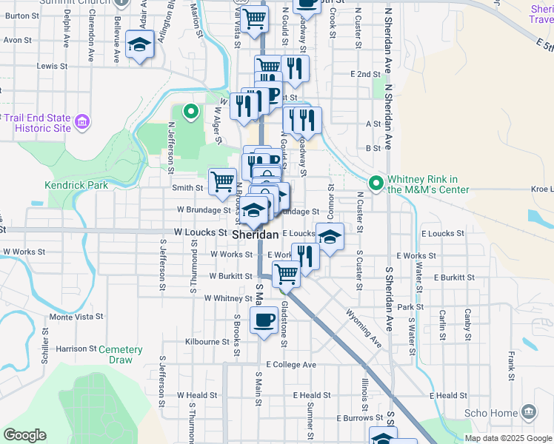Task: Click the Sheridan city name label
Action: pyautogui.click(x=256, y=234)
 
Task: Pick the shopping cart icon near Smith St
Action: pyautogui.click(x=222, y=181)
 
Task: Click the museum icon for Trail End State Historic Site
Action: pyautogui.click(x=81, y=121)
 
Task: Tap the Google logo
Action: pyautogui.click(x=24, y=435)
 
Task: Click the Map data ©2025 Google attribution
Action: pyautogui.click(x=507, y=437)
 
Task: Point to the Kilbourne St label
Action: pyautogui.click(x=208, y=342)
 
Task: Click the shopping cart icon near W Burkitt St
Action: pyautogui.click(x=286, y=274)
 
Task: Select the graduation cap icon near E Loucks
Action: pyautogui.click(x=330, y=237)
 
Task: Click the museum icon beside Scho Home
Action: pyautogui.click(x=529, y=411)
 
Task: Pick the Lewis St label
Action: pyautogui.click(x=52, y=66)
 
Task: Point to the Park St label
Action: pyautogui.click(x=410, y=306)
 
